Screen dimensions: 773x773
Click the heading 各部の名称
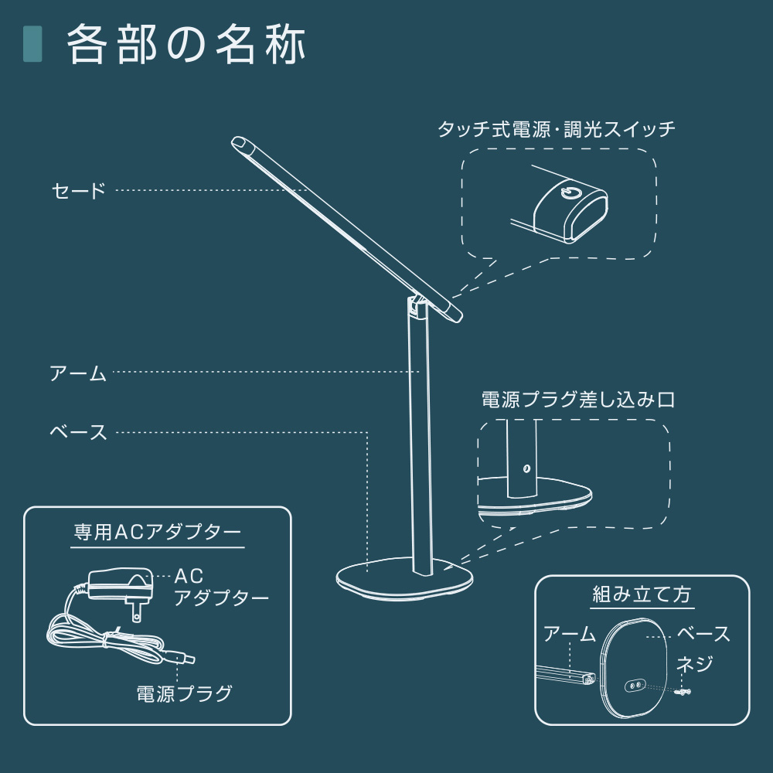[x=186, y=44]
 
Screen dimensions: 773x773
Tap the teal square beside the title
[x=32, y=44]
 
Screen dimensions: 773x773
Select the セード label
[x=79, y=191]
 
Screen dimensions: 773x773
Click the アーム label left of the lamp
[x=78, y=373]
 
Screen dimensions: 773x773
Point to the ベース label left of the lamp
[x=78, y=432]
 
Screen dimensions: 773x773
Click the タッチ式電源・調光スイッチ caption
[x=557, y=129]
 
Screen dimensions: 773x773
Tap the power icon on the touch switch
[x=568, y=192]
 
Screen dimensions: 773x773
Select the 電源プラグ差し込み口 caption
[x=578, y=400]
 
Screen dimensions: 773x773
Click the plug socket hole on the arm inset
[x=526, y=468]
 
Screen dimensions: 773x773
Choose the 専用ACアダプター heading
[x=158, y=533]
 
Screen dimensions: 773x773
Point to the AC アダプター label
[x=221, y=587]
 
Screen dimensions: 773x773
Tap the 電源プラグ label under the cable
[x=184, y=693]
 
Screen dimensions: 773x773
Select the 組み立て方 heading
[x=642, y=594]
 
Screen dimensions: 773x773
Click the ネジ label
[x=695, y=664]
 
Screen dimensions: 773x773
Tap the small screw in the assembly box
[x=683, y=692]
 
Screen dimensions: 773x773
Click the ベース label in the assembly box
[x=703, y=634]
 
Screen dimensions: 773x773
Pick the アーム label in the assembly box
[x=570, y=634]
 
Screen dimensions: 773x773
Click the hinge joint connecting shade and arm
[x=414, y=307]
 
